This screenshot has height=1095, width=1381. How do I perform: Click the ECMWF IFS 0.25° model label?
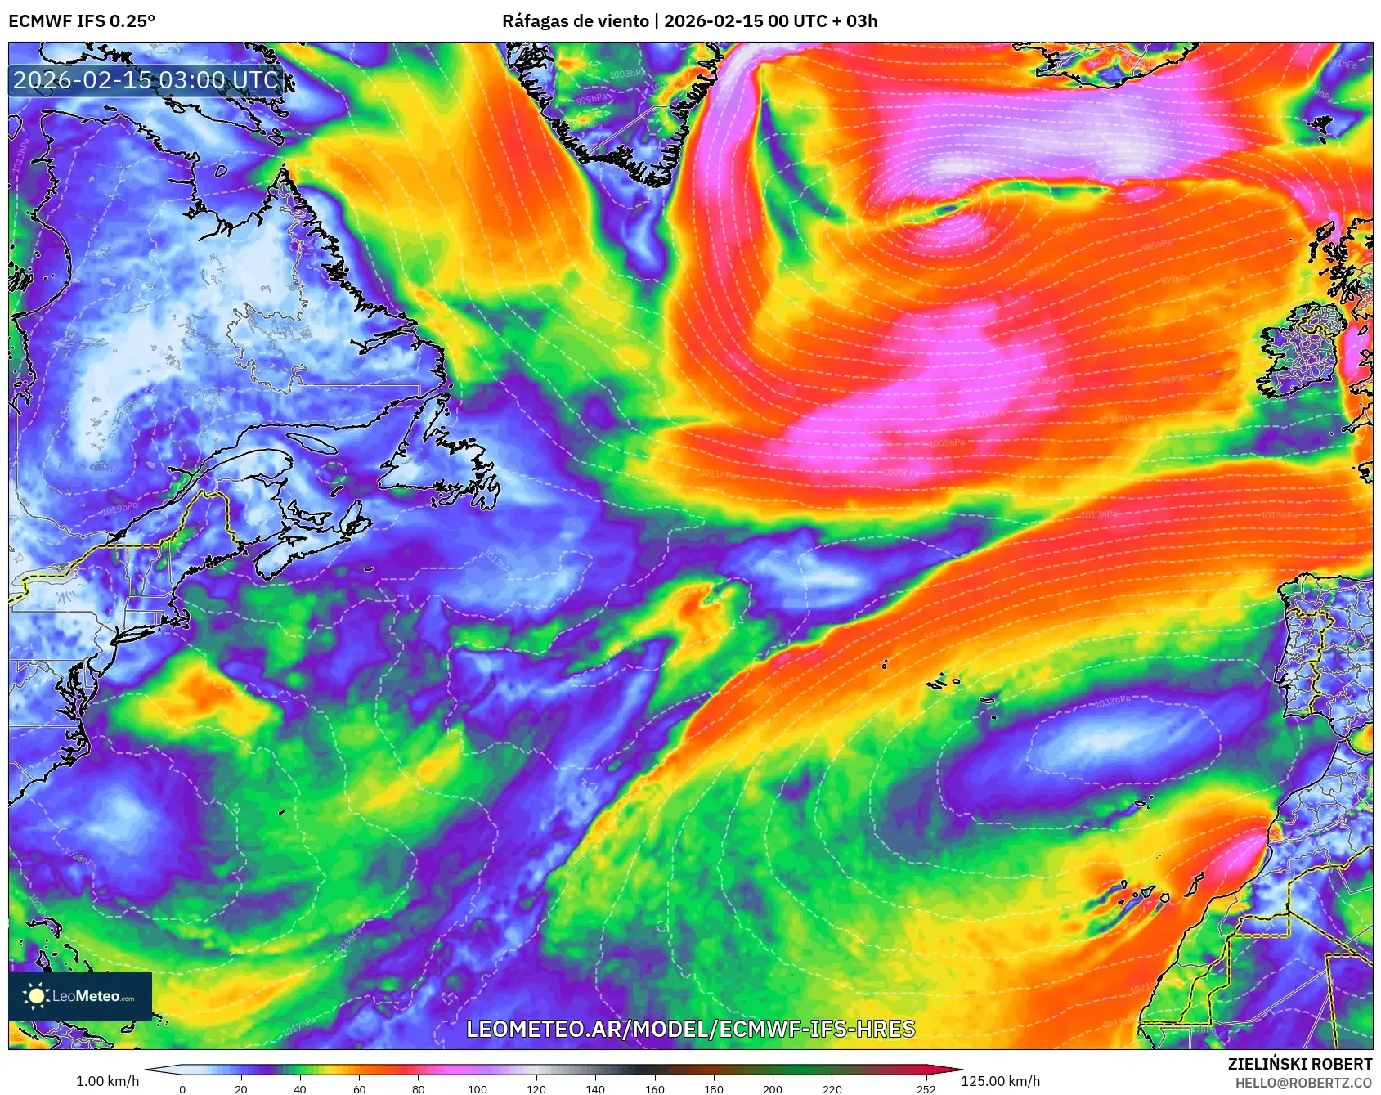coord(82,21)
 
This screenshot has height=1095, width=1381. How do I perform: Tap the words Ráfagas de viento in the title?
coord(575,21)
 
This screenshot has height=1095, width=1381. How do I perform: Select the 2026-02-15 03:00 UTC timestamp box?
coord(146,80)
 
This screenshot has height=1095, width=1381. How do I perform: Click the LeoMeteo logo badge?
coord(80,996)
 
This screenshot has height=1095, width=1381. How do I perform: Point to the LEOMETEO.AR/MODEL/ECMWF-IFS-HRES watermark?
coord(690,1029)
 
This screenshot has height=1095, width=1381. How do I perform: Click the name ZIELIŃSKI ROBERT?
coord(1299,1064)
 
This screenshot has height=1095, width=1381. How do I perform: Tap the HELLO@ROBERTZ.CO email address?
coord(1303,1083)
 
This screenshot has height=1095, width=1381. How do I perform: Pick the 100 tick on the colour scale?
coord(478,1088)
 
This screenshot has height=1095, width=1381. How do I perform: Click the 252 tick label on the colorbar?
coord(926,1088)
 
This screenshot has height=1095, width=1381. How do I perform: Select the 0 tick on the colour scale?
coord(182,1088)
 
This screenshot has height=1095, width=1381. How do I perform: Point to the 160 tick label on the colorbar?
coord(654,1088)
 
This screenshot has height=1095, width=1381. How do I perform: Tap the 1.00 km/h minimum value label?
coord(107,1081)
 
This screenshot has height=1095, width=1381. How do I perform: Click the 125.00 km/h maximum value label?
coord(1000,1081)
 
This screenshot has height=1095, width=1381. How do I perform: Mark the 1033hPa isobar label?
coord(1113,702)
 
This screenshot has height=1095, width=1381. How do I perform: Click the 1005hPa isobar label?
coord(947,443)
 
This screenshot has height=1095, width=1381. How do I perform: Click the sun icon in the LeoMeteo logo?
coord(37,995)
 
